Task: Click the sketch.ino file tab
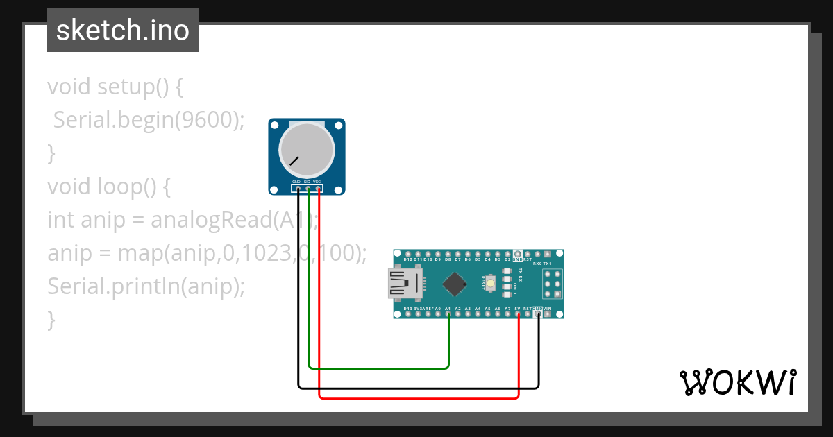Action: coord(123,31)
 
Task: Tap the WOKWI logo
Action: coord(737,382)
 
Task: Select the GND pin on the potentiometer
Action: coord(298,188)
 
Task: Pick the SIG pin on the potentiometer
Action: coord(308,188)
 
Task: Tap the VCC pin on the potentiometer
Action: coord(318,188)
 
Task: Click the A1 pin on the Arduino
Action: coord(448,314)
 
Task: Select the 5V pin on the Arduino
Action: coord(519,314)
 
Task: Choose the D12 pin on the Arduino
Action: coord(408,254)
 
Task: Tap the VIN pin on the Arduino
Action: coord(548,314)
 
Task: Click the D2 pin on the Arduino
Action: coord(508,254)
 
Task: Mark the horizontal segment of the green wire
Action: coord(378,367)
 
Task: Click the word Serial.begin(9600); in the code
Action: coord(149,120)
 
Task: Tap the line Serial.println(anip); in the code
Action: coord(146,286)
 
